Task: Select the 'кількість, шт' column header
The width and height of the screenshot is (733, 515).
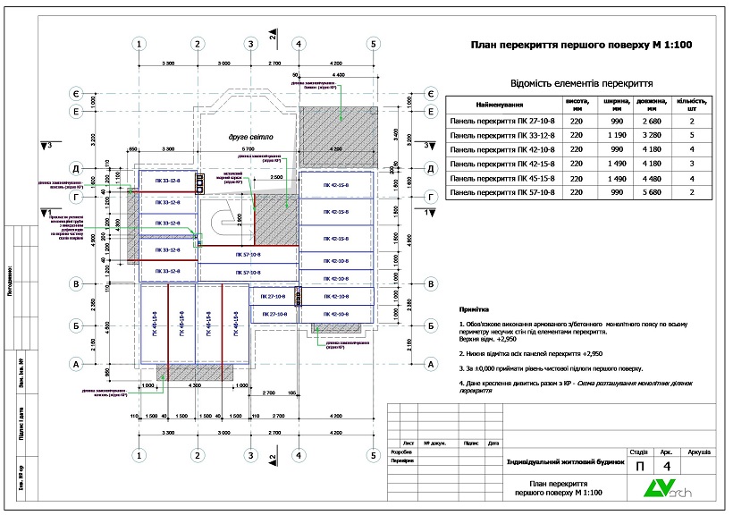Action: coord(692,104)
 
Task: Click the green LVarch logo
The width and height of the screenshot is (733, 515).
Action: coord(666,490)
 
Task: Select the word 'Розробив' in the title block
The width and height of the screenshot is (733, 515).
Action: coord(403,452)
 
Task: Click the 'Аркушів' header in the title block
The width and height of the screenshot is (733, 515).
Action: coord(696,452)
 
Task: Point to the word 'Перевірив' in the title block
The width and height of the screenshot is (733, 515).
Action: coord(404,461)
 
